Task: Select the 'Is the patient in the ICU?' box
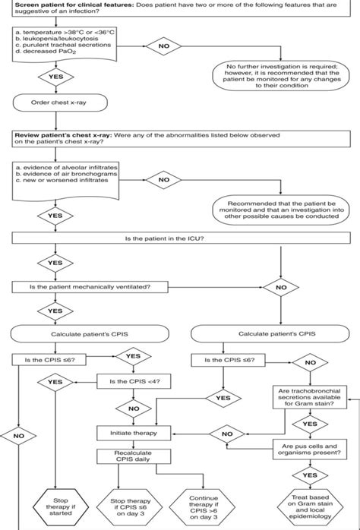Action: pos(179,239)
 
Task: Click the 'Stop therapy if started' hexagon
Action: pos(53,501)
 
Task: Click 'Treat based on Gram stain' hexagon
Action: pos(306,501)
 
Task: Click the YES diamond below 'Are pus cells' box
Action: pos(305,474)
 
